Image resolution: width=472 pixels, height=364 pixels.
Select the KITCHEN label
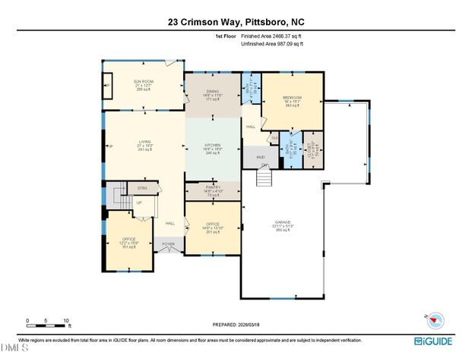(212, 145)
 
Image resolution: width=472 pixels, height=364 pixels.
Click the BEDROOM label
(293, 98)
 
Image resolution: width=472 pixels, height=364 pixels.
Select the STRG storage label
(142, 187)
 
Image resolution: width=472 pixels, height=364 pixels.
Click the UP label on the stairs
(139, 202)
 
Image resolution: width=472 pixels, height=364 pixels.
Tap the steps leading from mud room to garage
(263, 177)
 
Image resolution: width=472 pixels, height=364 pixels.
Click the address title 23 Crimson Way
(236, 22)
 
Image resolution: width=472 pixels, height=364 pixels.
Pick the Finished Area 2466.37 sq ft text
(271, 36)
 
